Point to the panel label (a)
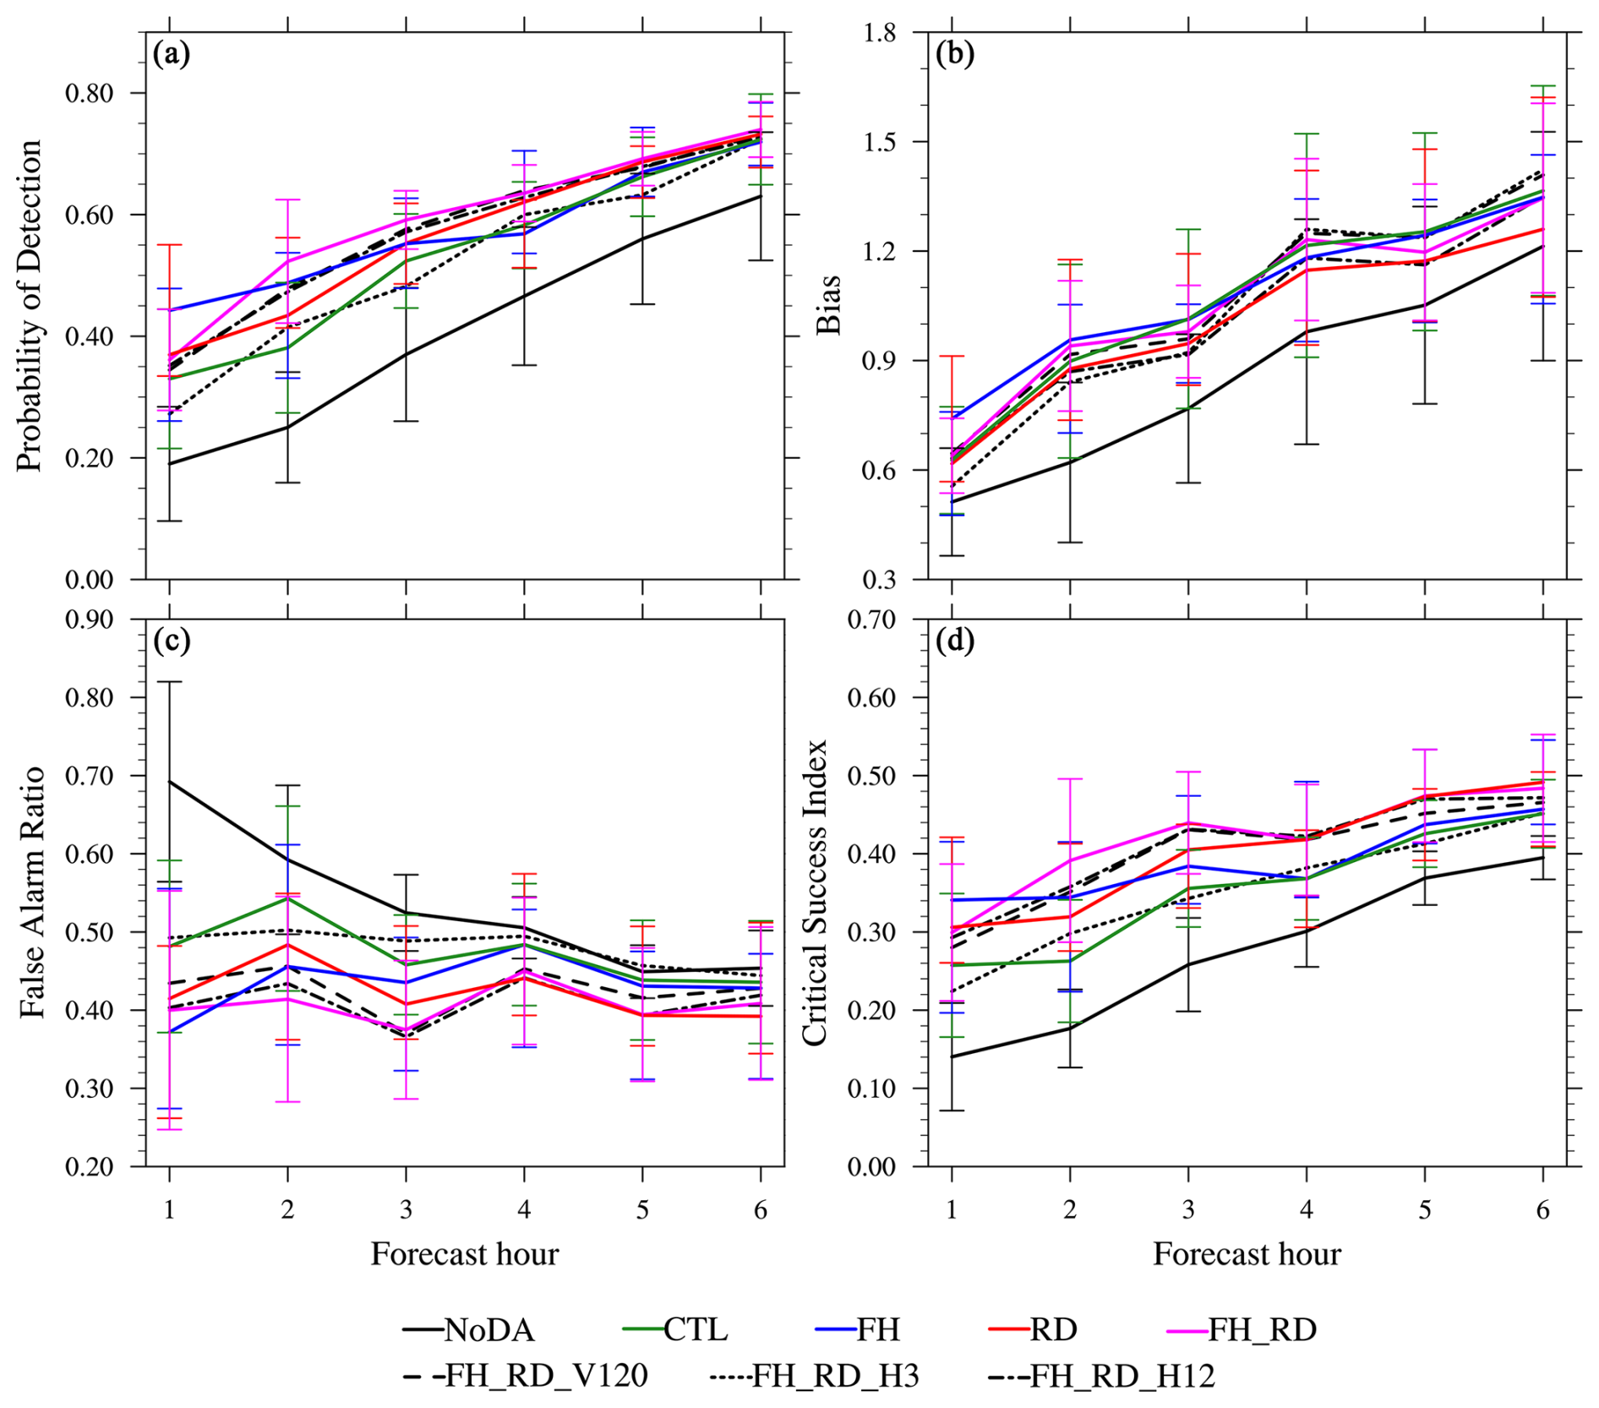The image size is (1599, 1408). coord(172,54)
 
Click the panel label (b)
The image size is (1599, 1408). coord(955,54)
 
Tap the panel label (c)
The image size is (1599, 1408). coord(172,641)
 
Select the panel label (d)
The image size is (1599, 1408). coord(955,641)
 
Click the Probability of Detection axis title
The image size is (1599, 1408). coord(30,305)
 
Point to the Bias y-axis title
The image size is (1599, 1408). coord(829,305)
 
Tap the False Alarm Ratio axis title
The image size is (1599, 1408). coord(31,892)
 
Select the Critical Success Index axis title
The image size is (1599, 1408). coord(814,892)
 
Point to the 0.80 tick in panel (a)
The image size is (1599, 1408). coord(90,93)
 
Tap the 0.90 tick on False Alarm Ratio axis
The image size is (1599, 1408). coord(90,619)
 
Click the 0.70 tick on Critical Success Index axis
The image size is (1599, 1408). coord(872,619)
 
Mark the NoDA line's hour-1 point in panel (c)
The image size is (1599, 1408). coord(170,781)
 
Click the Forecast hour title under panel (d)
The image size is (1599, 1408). coord(1247,1253)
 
